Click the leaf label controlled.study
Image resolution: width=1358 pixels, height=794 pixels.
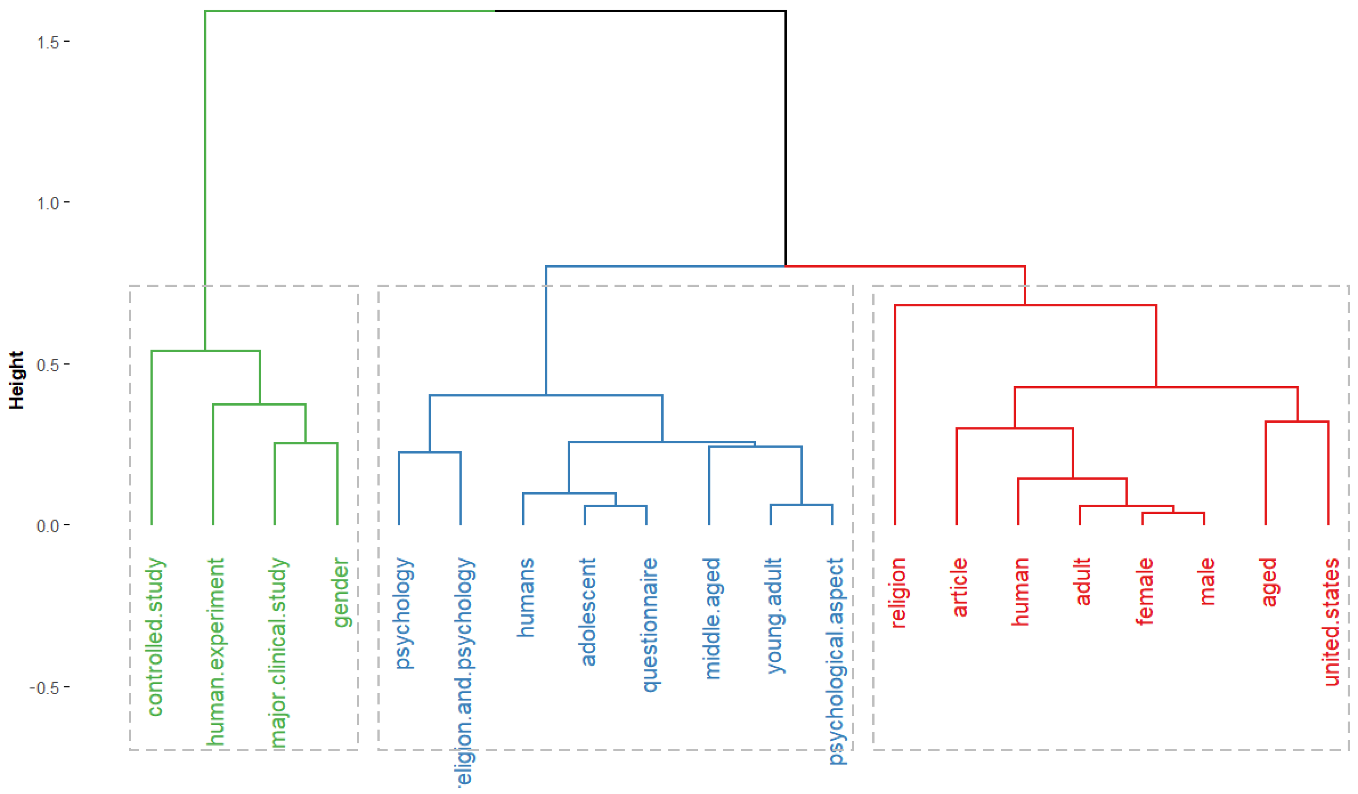155,637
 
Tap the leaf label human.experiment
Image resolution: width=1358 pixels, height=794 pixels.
216,652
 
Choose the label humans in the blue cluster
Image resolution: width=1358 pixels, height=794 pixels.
526,597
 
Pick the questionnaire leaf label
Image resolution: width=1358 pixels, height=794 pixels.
650,625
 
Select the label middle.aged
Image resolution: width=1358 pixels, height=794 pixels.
712,618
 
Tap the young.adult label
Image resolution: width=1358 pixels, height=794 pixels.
774,615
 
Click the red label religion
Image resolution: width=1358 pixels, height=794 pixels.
898,593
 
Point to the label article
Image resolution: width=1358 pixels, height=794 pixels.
960,587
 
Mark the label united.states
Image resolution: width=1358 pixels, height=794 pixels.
1332,622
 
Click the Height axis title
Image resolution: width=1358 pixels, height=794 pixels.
17,380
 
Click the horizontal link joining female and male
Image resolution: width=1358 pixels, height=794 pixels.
1173,513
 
